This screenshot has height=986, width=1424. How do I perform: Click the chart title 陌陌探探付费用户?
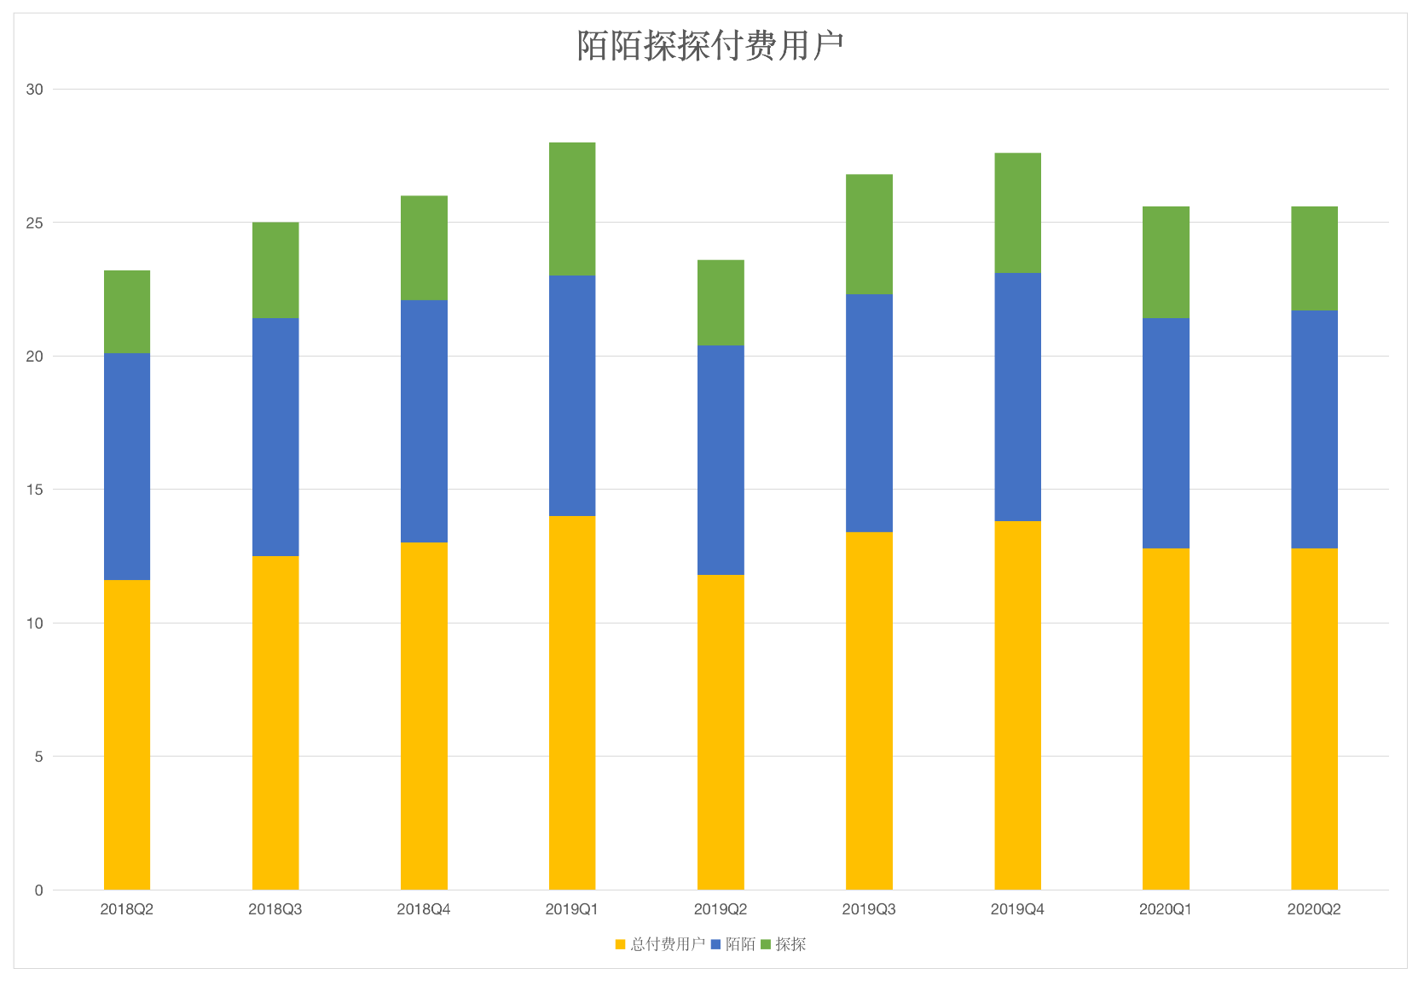[710, 46]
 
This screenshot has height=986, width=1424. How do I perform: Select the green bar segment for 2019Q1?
[572, 209]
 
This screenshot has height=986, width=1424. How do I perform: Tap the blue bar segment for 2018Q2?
[127, 467]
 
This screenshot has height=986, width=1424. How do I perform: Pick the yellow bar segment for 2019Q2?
[721, 732]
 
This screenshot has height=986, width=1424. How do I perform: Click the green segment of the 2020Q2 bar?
[1314, 258]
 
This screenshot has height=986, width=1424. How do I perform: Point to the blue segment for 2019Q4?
[1017, 397]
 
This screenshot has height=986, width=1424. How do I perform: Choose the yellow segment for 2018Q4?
[424, 716]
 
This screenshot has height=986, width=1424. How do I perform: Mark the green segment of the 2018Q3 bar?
[275, 270]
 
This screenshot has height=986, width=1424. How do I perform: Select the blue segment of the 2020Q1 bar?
[1166, 433]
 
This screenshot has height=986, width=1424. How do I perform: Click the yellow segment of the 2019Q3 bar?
[869, 710]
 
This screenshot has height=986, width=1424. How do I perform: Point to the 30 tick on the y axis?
[34, 90]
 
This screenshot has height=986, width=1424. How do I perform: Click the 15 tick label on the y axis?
[34, 490]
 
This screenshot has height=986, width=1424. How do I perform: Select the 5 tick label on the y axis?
[38, 757]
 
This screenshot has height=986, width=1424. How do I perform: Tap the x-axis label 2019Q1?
[572, 909]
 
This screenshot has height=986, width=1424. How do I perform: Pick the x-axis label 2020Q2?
[1314, 909]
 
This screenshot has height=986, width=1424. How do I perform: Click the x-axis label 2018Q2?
[127, 909]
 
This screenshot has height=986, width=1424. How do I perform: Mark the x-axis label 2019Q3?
[869, 909]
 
